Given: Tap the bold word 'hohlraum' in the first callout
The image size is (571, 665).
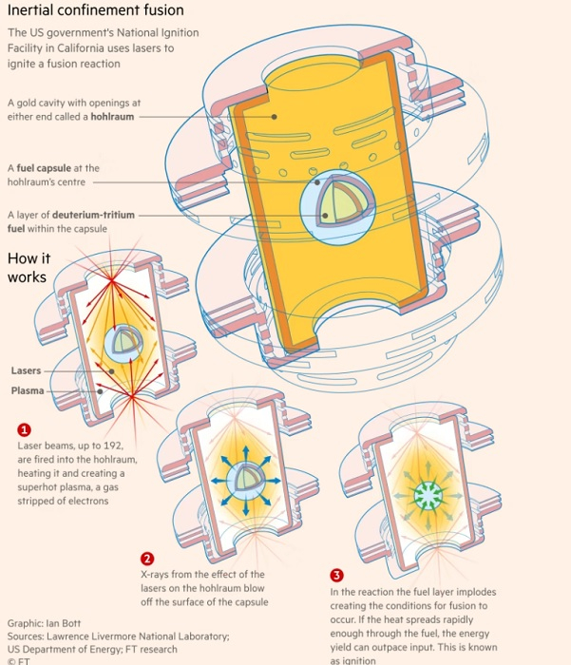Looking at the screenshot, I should [x=112, y=117].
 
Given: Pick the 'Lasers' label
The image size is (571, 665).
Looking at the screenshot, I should [x=26, y=370].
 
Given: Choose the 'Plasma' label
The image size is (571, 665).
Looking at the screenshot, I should [x=27, y=390].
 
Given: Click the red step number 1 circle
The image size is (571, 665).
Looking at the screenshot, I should [x=25, y=429].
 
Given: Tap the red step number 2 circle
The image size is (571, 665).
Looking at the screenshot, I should [x=147, y=558].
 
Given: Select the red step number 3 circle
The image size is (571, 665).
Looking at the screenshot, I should [x=336, y=576].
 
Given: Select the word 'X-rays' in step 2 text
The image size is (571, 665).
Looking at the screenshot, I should [x=156, y=574].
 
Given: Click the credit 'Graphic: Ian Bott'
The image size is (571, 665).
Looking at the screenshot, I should [x=44, y=624].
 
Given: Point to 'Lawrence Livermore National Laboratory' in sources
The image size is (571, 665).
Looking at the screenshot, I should [x=136, y=636].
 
